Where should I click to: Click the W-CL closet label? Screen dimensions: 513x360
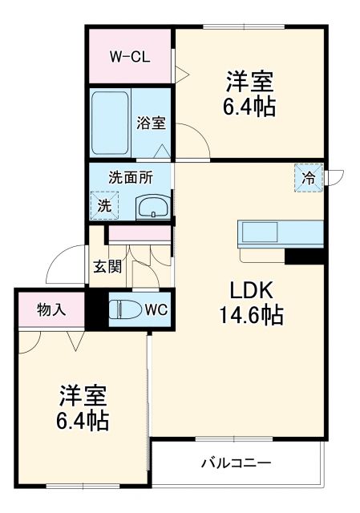click(x=129, y=57)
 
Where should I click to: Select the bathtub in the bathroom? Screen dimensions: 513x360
click(x=111, y=123)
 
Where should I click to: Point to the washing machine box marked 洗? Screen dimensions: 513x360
click(x=103, y=204)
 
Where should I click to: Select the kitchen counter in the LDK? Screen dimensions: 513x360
click(x=280, y=234)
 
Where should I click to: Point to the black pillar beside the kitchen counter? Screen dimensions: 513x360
click(x=305, y=256)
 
